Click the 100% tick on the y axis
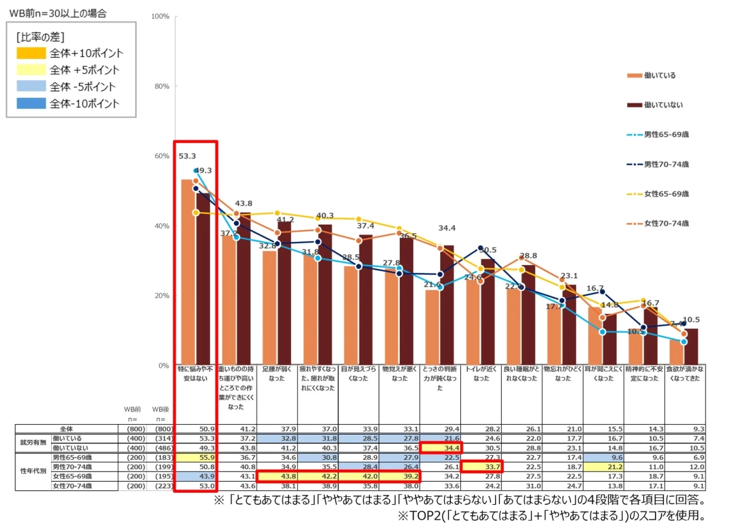coord(161,15)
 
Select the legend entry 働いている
coord(660,76)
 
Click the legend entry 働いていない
coord(663,105)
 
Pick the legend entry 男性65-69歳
coord(666,134)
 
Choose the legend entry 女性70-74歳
coord(666,223)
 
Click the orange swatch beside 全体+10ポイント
coord(31,53)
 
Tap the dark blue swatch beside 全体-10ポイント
coord(31,103)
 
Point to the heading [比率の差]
coord(40,37)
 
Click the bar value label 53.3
coord(187,156)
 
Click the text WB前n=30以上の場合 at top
coord(57,13)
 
